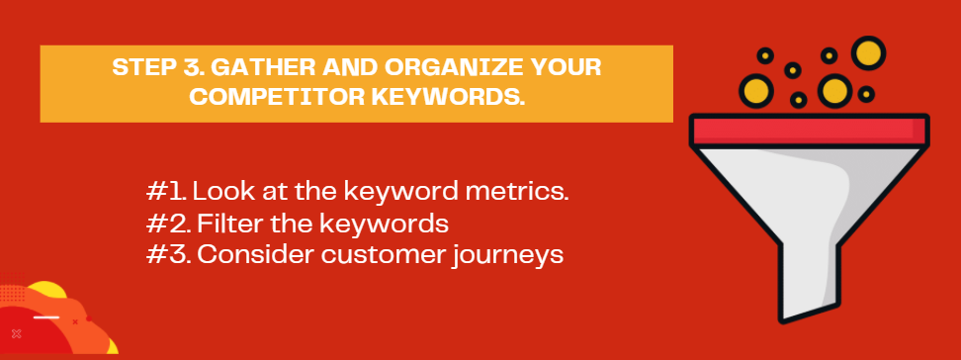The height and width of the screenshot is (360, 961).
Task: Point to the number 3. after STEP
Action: click(x=195, y=67)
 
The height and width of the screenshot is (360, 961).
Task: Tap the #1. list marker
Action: click(x=166, y=191)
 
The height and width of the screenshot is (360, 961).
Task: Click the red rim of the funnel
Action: click(x=809, y=130)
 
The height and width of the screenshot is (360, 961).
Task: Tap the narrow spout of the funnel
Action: click(x=808, y=279)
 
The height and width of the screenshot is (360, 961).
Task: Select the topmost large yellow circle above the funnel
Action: click(x=868, y=52)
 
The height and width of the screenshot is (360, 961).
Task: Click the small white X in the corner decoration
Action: click(x=17, y=333)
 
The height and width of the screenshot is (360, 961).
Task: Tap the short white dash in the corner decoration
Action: click(x=45, y=317)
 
